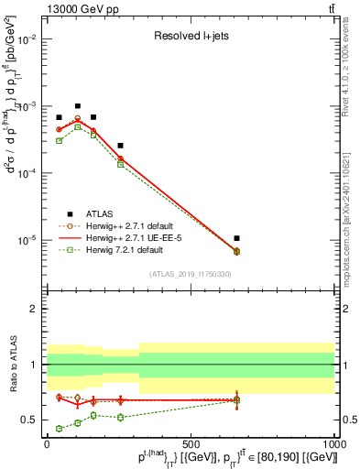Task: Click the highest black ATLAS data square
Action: tap(78, 106)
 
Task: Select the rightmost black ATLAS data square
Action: tap(236, 238)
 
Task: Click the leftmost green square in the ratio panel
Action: tap(59, 428)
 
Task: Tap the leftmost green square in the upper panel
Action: tap(59, 140)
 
